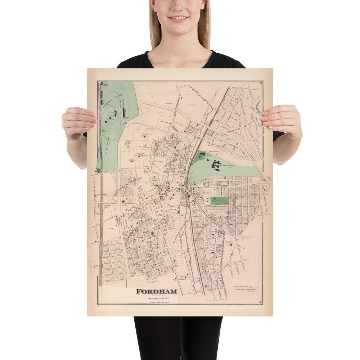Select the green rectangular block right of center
(219, 201)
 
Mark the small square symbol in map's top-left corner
(102, 84)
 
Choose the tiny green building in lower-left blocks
(153, 233)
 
